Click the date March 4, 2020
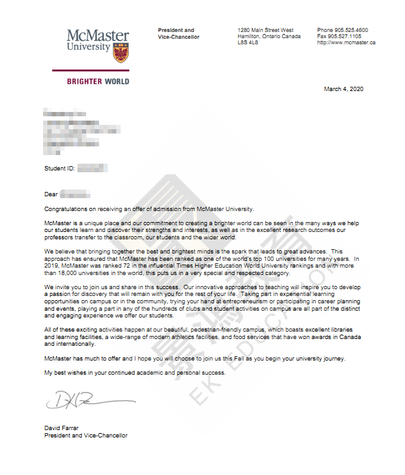pyautogui.click(x=343, y=89)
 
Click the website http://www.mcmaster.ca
pyautogui.click(x=346, y=42)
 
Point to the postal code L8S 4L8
pyautogui.click(x=249, y=42)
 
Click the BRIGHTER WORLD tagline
pyautogui.click(x=98, y=81)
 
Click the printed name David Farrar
pyautogui.click(x=62, y=428)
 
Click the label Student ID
pyautogui.click(x=59, y=168)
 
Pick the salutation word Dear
pyautogui.click(x=50, y=194)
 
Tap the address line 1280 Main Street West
pyautogui.click(x=265, y=30)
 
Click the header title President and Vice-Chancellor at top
pyautogui.click(x=178, y=33)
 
